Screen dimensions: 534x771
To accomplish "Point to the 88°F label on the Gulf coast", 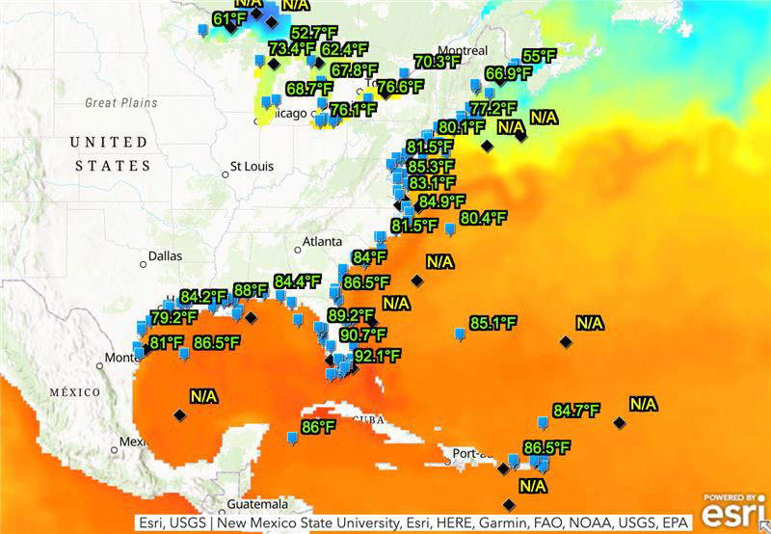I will [x=250, y=290].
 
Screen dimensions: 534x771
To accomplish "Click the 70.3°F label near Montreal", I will [x=438, y=62].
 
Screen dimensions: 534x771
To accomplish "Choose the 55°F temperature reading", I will [x=540, y=56].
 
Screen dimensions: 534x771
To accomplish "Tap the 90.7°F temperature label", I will [x=362, y=334].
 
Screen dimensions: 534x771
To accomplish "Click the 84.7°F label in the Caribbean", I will [x=576, y=410].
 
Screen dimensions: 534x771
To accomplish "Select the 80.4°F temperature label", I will [x=483, y=218].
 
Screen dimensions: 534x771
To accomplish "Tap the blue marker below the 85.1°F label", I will [x=459, y=334].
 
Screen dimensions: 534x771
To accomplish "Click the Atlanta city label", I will [x=322, y=241].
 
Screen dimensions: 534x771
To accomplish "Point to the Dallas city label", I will [x=165, y=257].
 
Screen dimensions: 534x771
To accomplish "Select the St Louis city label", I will [x=252, y=166].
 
